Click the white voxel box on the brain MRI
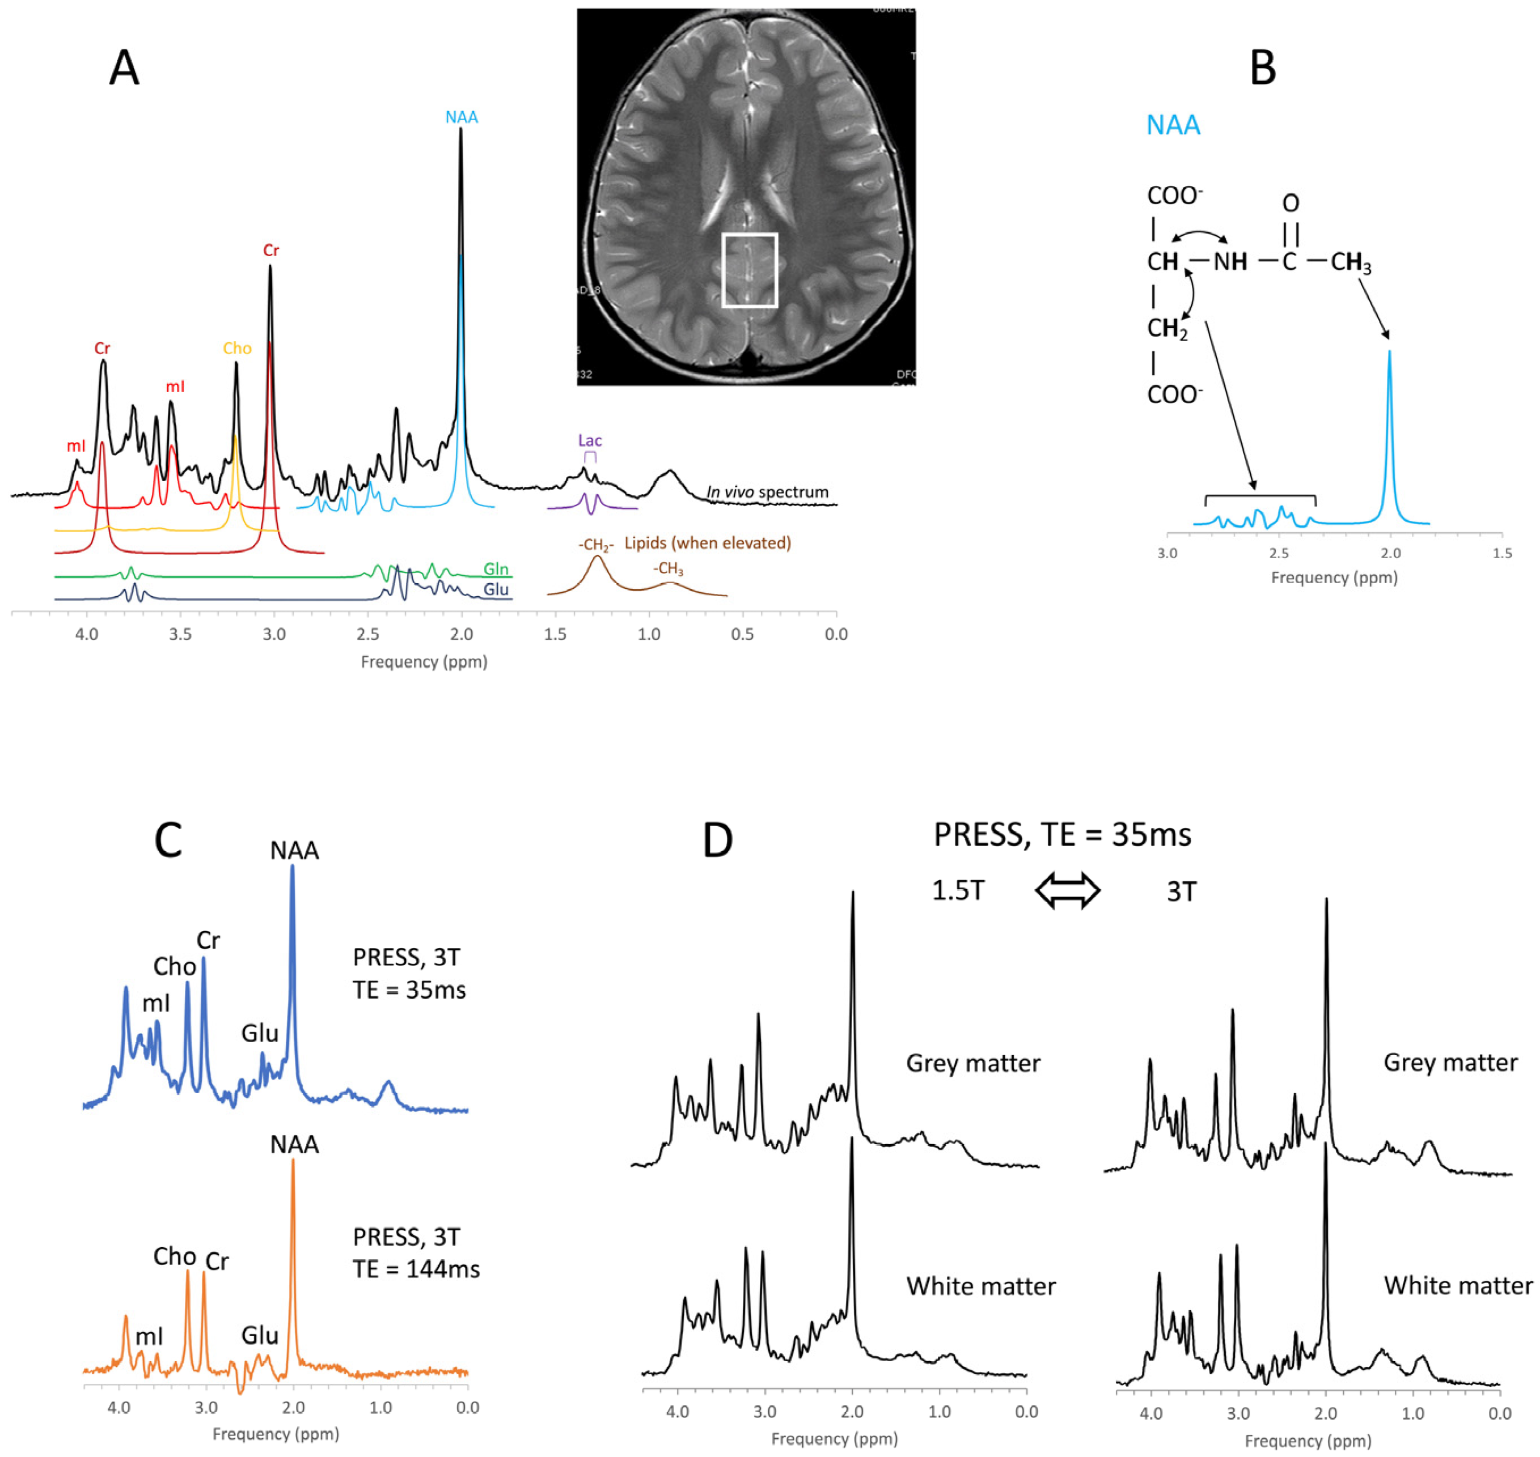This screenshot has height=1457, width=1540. [749, 270]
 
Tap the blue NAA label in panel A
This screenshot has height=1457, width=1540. [462, 117]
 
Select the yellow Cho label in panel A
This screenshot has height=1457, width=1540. [237, 348]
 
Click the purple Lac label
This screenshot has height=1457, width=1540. [590, 440]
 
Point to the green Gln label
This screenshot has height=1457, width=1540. [496, 570]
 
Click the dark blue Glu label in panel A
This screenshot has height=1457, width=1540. [496, 589]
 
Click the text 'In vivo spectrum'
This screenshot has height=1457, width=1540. [767, 492]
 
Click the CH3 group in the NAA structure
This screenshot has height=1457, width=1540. [1351, 262]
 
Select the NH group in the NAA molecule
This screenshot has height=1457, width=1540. [1230, 262]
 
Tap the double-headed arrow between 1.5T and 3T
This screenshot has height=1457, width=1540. [1068, 891]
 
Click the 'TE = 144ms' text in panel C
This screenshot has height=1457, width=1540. [416, 1268]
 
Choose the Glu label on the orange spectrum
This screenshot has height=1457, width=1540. [260, 1335]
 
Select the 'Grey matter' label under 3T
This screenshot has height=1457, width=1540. [1450, 1063]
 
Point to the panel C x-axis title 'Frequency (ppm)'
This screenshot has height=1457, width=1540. [276, 1434]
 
